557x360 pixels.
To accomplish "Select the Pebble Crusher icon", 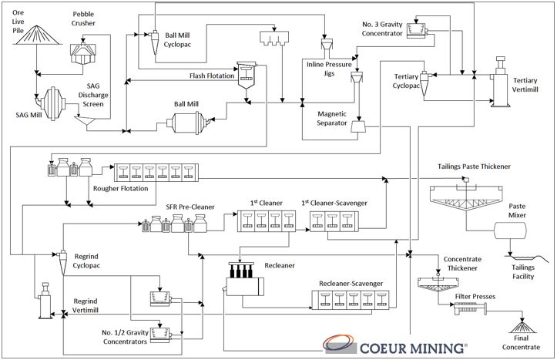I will click(82, 49).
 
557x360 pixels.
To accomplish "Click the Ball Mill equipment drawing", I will click(184, 121).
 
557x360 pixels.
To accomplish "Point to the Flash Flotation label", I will click(212, 76).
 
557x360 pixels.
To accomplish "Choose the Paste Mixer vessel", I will click(506, 230).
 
